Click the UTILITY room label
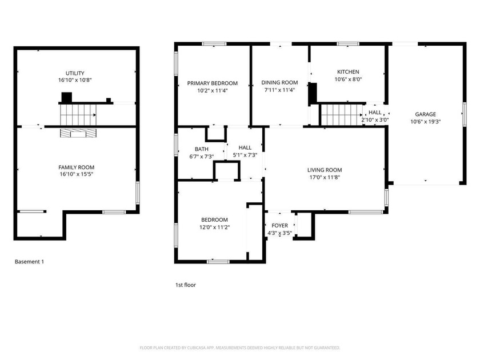75,73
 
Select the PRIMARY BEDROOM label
213,83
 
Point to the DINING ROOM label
280,82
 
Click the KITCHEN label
348,72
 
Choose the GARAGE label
426,114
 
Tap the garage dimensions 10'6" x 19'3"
426,121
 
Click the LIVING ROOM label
325,170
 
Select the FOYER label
280,226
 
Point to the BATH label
201,149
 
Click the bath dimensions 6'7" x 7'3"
201,157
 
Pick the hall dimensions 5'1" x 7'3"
245,155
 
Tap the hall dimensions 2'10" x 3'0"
375,120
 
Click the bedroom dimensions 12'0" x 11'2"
214,227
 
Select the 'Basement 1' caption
29,262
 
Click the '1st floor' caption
186,284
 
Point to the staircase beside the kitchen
342,114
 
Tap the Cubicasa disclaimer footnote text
240,347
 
